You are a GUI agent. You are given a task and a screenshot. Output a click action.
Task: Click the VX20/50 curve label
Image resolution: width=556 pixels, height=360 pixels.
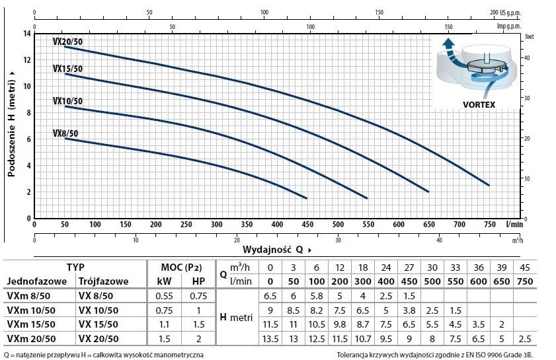click(67, 42)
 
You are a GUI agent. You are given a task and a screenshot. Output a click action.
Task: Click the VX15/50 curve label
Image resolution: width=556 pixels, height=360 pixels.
click(67, 69)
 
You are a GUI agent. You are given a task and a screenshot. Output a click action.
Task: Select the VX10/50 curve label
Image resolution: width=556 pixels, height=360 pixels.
click(67, 101)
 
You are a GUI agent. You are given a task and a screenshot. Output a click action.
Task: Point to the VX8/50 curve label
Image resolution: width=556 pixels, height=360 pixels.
click(66, 133)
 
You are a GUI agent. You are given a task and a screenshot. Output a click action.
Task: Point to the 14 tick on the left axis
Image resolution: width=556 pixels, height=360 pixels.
click(27, 33)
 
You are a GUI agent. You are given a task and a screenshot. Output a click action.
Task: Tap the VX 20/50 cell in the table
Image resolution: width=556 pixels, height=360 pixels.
click(99, 339)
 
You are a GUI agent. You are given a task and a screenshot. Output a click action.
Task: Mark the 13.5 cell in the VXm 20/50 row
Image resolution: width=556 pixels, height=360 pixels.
click(270, 339)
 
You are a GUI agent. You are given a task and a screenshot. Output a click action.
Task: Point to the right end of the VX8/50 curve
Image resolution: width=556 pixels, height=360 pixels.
click(306, 198)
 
